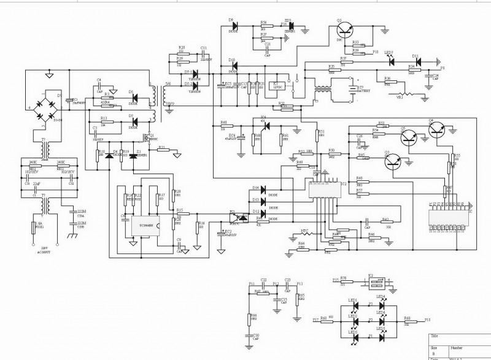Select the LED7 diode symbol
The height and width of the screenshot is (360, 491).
(392, 62)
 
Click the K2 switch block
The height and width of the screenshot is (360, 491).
(374, 283)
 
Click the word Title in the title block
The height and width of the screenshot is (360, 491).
(435, 337)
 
